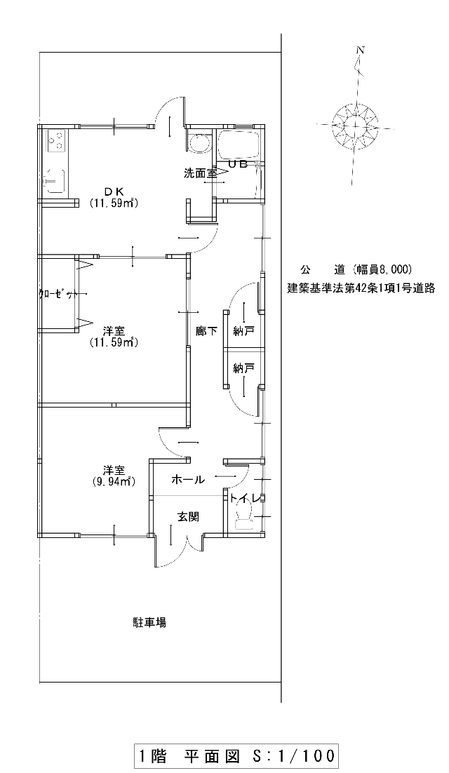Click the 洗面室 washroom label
[x=200, y=173]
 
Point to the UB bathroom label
[x=238, y=165]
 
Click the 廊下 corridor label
[x=206, y=331]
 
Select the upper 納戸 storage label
[x=243, y=331]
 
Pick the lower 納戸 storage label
[x=243, y=368]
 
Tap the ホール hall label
[x=188, y=479]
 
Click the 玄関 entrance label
[x=188, y=517]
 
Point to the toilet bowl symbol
[x=244, y=518]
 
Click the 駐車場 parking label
[x=149, y=623]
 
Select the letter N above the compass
[x=361, y=50]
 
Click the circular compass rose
[x=356, y=126]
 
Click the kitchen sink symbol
[x=55, y=180]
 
